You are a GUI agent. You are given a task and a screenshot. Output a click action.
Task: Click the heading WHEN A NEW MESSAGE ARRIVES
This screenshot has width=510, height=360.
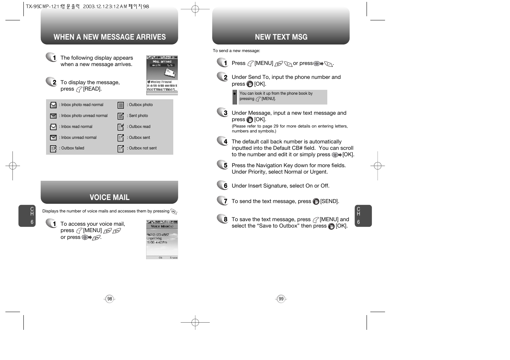pos(109,37)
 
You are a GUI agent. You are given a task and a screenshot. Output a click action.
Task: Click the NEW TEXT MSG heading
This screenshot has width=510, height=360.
pos(281,37)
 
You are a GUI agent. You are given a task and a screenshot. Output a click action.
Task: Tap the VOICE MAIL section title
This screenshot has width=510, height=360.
pos(109,197)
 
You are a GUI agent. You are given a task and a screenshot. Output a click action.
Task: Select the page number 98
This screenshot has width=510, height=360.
pos(109,299)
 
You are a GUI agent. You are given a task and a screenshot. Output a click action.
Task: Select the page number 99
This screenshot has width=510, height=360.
pos(281,299)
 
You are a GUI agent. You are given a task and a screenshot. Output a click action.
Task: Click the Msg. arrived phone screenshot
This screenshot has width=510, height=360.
pos(162,75)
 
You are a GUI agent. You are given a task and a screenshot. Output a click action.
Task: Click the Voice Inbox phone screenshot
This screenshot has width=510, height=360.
pos(162,240)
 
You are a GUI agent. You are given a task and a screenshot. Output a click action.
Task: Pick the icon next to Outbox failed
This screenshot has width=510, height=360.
pos(53,149)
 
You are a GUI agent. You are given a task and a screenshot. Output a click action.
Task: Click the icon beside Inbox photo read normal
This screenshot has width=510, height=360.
pos(53,105)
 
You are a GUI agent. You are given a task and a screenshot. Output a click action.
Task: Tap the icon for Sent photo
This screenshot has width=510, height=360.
pos(121,116)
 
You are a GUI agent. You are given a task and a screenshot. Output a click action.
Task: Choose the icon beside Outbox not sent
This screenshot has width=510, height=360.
pos(121,149)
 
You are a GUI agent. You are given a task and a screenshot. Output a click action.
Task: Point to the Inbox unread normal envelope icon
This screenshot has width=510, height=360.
pos(53,138)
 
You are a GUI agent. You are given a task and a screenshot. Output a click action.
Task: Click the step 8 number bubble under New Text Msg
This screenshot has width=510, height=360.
pos(223,219)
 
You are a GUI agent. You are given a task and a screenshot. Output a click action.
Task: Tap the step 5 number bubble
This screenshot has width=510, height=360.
pos(223,165)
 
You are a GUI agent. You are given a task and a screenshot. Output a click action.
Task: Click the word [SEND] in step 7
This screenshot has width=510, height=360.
pos(330,202)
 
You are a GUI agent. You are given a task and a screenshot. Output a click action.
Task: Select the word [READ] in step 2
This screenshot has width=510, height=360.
pos(92,89)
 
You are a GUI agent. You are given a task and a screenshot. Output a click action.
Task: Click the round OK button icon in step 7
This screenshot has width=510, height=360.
pos(316,202)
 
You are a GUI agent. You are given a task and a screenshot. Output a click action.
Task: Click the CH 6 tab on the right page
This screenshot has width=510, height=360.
pos(363,216)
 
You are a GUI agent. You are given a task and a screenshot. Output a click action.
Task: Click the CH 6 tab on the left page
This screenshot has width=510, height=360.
pos(27,216)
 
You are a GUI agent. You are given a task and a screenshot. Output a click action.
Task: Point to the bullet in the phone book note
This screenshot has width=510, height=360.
pos(234,94)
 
